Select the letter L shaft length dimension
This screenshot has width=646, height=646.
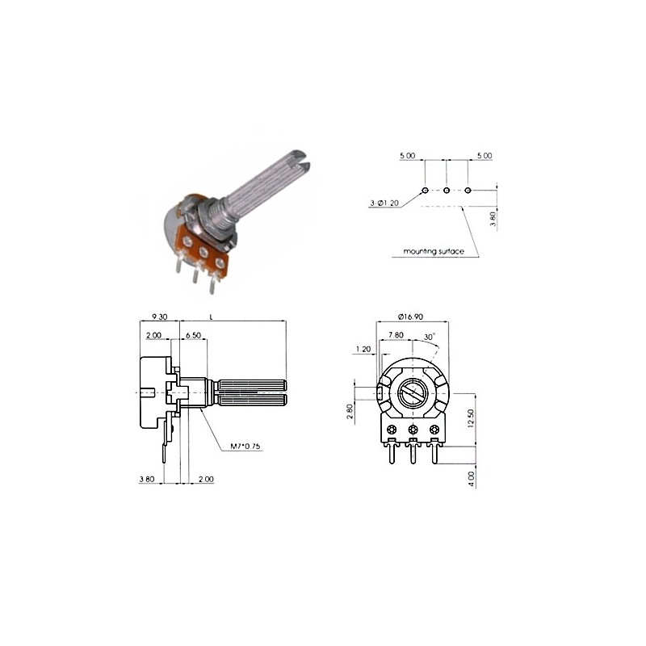[x=211, y=317]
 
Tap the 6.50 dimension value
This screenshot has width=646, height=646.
[x=193, y=335]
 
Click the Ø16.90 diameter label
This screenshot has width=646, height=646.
[x=413, y=317]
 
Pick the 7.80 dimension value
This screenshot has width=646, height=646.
[x=396, y=334]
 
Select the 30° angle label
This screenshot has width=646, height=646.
[x=429, y=336]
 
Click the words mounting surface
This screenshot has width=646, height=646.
[x=434, y=252]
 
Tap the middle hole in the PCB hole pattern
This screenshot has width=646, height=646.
[x=447, y=191]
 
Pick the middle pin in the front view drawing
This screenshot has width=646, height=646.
[x=413, y=451]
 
